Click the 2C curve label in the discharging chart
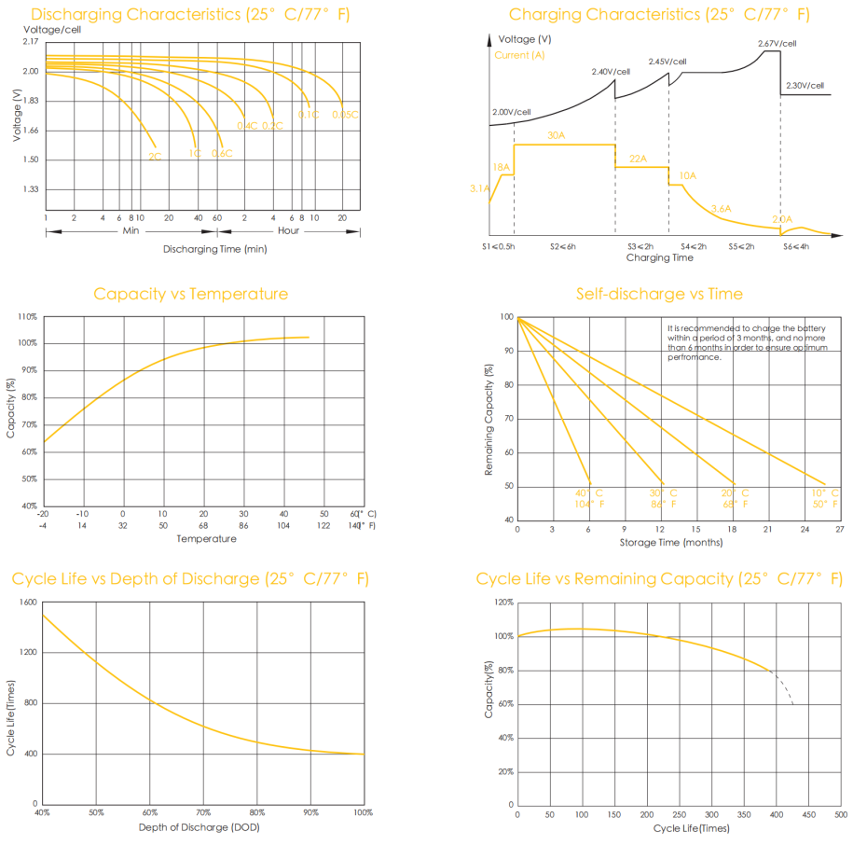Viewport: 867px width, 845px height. click(155, 157)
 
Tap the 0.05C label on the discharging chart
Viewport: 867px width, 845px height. click(345, 115)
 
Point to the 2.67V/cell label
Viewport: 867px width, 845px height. click(777, 43)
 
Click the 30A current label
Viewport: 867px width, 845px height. click(557, 136)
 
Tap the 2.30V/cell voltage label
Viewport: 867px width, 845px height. click(805, 86)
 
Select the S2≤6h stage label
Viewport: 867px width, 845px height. click(563, 246)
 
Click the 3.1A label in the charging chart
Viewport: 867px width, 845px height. click(480, 188)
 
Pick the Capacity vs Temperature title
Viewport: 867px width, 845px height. click(190, 294)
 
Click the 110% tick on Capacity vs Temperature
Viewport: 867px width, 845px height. click(27, 317)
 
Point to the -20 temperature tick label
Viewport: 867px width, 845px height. click(43, 514)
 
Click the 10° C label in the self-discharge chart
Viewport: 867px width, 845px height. click(825, 492)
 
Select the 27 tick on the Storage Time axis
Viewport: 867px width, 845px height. click(839, 529)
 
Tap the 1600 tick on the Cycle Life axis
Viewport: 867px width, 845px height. click(27, 603)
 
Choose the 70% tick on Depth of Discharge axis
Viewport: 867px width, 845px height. click(203, 813)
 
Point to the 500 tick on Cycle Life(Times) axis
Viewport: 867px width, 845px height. click(840, 814)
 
